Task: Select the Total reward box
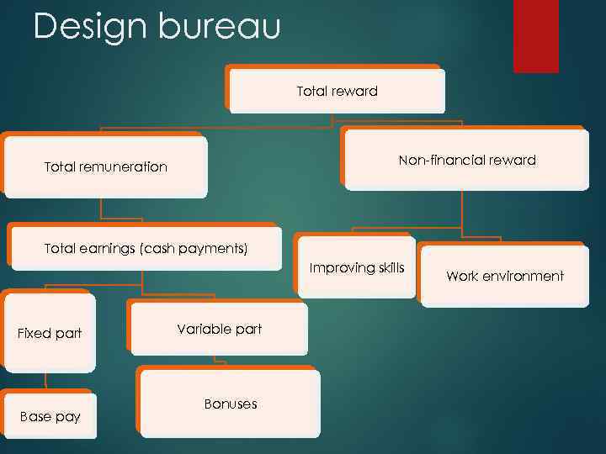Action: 337,91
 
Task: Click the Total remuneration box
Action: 105,166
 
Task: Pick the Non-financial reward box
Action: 466,160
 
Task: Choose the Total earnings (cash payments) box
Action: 145,248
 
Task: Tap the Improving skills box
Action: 357,267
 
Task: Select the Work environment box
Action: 504,276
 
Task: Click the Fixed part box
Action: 50,333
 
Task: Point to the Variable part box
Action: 219,329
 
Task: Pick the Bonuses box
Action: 230,404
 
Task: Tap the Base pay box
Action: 50,416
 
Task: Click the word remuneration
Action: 125,166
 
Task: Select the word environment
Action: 524,276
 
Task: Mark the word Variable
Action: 200,329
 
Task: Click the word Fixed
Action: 35,333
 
